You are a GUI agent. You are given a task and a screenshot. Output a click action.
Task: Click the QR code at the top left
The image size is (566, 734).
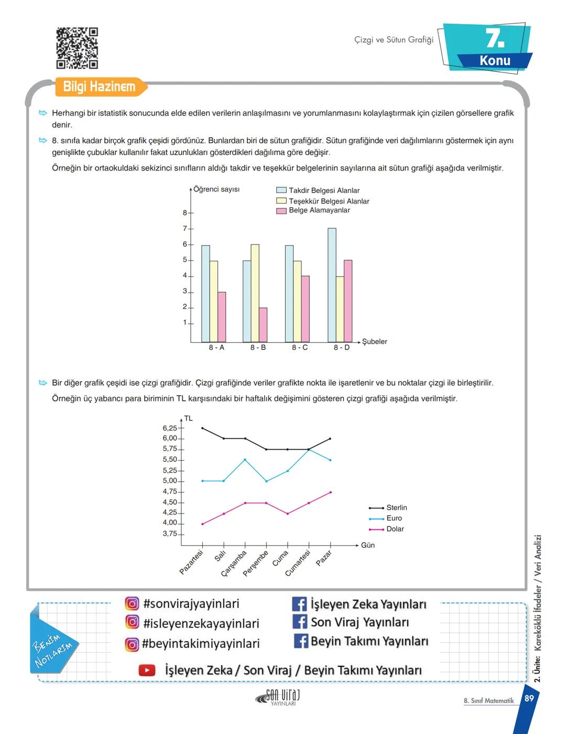[x=77, y=48]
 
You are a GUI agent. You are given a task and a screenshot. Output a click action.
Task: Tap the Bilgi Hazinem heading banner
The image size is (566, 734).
[x=99, y=87]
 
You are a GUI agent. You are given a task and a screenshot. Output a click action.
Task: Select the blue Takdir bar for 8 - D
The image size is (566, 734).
[x=332, y=285]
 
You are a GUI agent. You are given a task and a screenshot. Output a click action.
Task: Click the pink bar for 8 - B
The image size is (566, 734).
[x=263, y=325]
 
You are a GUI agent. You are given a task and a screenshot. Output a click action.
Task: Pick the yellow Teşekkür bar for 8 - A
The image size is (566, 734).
[x=214, y=301]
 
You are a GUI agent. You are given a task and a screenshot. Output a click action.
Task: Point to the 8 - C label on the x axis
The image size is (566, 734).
[x=300, y=348]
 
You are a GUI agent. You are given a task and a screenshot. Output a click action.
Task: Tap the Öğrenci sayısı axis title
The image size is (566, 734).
[x=216, y=189]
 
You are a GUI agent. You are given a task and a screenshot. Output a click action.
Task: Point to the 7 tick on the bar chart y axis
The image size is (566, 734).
[x=184, y=229]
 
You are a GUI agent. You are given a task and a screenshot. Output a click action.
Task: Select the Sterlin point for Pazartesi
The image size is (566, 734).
[x=202, y=428]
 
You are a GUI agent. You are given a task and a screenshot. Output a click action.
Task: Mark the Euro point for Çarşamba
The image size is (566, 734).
[x=245, y=460]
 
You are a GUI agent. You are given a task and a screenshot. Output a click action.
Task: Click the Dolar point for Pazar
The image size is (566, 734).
[x=330, y=492]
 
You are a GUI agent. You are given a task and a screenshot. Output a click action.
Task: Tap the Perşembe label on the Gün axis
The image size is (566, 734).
[x=256, y=563]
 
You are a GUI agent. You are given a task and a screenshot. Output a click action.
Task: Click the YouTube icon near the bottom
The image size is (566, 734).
[x=147, y=670]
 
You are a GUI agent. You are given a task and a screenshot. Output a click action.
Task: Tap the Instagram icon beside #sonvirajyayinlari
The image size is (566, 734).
[x=132, y=603]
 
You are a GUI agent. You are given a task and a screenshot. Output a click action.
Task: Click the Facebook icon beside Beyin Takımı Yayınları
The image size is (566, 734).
[x=300, y=641]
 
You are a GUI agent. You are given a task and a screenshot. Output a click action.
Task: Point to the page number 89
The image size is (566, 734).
[x=529, y=698]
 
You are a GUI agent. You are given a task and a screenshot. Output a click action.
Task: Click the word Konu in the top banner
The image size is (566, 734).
[x=495, y=60]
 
